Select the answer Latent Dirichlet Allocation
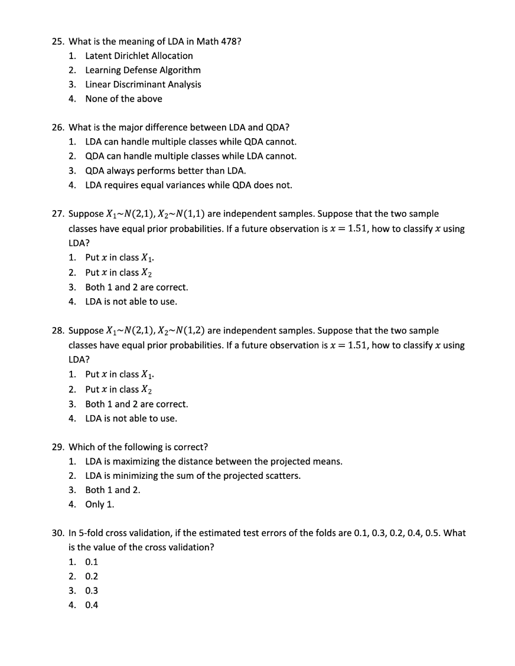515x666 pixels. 139,56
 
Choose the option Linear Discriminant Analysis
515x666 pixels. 143,84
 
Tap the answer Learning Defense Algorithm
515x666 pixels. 143,70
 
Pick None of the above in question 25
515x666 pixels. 123,99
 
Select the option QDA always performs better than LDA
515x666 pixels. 165,171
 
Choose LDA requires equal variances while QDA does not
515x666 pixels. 188,185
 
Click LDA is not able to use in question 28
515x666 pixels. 131,419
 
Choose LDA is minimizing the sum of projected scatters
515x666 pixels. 193,476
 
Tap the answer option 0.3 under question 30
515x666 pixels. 92,590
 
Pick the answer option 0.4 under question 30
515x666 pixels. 92,605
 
